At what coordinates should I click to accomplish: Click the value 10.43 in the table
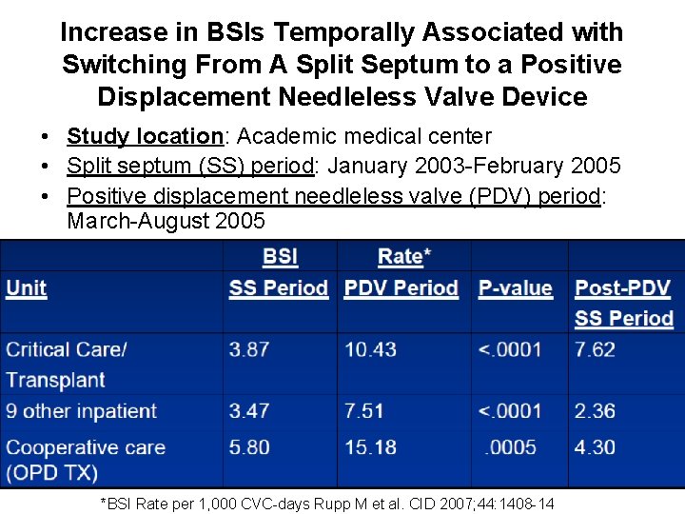pos(371,349)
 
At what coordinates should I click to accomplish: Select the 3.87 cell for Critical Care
pos(249,349)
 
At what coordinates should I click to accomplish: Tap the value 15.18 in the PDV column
pos(371,447)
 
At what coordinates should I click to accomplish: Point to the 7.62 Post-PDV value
pos(595,349)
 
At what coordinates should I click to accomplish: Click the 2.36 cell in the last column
pos(595,411)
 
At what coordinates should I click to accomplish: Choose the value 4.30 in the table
pos(595,447)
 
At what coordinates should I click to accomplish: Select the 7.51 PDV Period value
pos(364,411)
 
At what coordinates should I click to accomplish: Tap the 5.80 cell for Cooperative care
pos(249,447)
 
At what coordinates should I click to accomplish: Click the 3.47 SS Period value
pos(249,411)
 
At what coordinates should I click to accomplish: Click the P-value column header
pos(515,288)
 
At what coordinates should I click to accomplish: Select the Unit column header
pos(27,288)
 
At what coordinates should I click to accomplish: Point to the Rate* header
pos(404,256)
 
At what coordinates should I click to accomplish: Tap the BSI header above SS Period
pos(281,256)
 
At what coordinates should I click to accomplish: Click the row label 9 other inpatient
pos(81,411)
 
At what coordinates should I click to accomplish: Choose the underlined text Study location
pos(145,137)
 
